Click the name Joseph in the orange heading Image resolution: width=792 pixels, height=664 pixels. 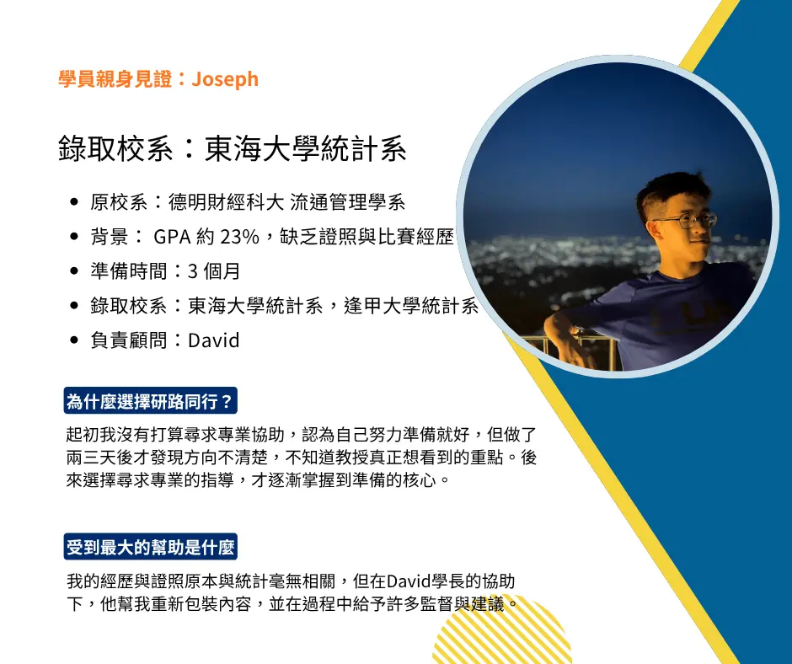[225, 79]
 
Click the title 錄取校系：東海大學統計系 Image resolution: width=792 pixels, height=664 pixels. [233, 148]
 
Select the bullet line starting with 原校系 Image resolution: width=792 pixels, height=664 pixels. [248, 202]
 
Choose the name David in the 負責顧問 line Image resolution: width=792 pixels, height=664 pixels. [214, 340]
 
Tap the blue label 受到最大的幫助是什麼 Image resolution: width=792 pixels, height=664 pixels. [151, 548]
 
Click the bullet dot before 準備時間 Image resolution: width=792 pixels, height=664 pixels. [75, 272]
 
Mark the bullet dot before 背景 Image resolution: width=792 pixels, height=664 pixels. [75, 238]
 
